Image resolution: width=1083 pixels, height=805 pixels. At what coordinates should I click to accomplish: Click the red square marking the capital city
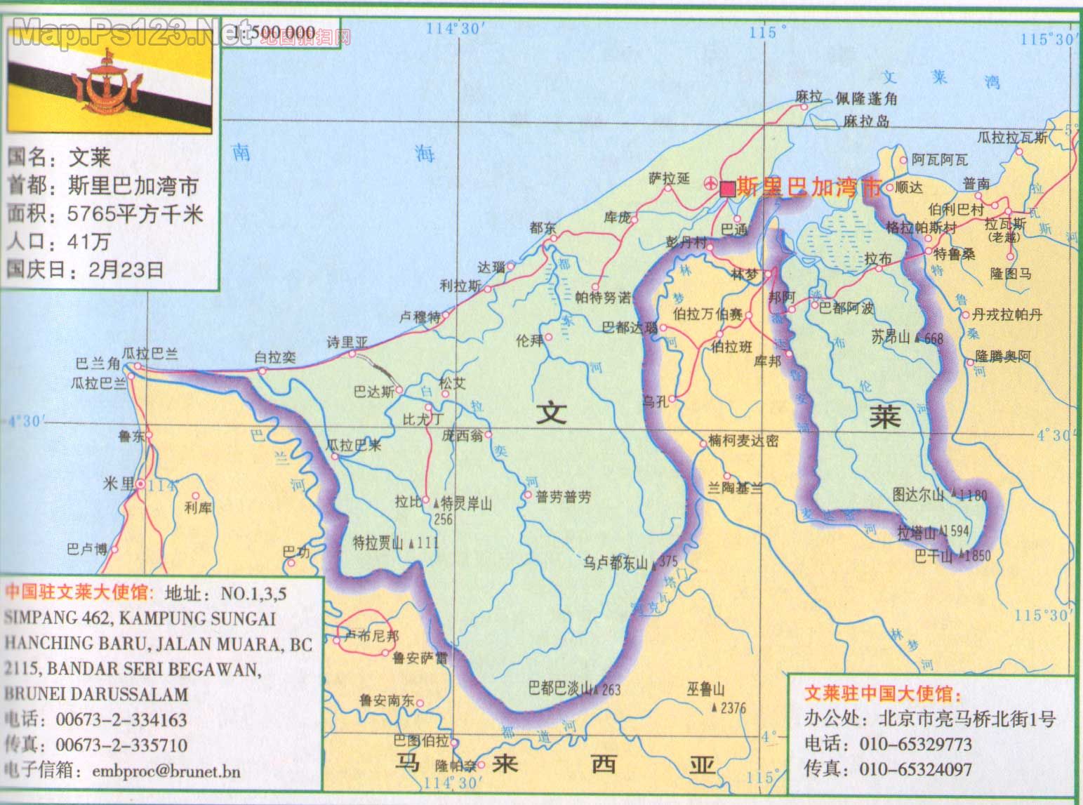(x=728, y=188)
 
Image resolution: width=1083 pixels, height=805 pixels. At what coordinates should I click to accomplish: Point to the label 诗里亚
(x=347, y=342)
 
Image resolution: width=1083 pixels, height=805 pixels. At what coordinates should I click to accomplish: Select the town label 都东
(x=543, y=227)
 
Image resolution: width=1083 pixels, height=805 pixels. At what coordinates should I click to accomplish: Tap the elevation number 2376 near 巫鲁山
(x=733, y=708)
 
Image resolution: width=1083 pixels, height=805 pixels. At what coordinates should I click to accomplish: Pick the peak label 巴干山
(x=933, y=556)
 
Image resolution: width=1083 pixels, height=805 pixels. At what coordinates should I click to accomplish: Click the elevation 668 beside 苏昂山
(x=934, y=338)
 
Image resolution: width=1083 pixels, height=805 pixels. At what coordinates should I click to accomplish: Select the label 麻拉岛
(x=866, y=121)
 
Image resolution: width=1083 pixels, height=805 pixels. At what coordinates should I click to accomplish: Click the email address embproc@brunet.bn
(x=166, y=771)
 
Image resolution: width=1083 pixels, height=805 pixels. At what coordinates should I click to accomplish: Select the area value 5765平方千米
(x=135, y=213)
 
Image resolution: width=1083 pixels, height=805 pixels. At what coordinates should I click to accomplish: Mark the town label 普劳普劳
(x=563, y=497)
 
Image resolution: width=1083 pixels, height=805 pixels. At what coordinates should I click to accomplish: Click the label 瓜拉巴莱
(x=354, y=445)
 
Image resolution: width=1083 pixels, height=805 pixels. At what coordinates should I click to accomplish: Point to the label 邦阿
(x=781, y=297)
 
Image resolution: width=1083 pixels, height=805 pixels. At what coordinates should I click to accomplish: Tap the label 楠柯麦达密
(x=743, y=441)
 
